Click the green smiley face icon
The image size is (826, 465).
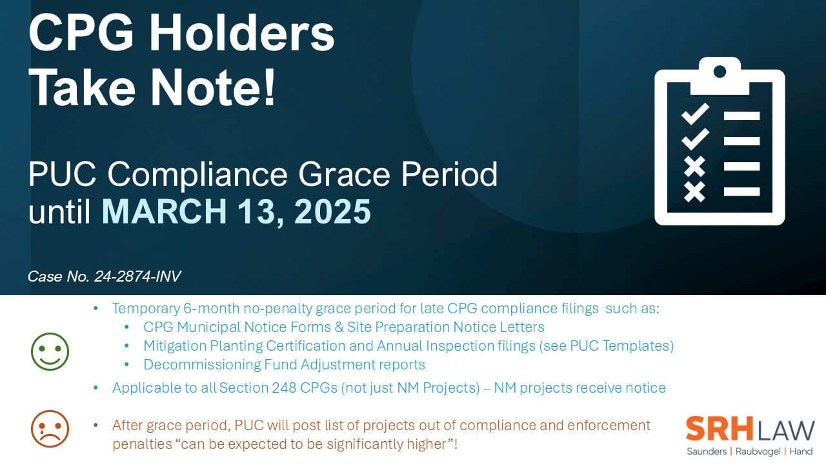click(50, 352)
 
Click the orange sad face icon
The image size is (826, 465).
click(50, 428)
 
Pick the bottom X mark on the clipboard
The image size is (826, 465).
click(694, 191)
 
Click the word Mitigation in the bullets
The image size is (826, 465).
click(173, 346)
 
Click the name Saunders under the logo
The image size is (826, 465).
click(706, 451)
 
